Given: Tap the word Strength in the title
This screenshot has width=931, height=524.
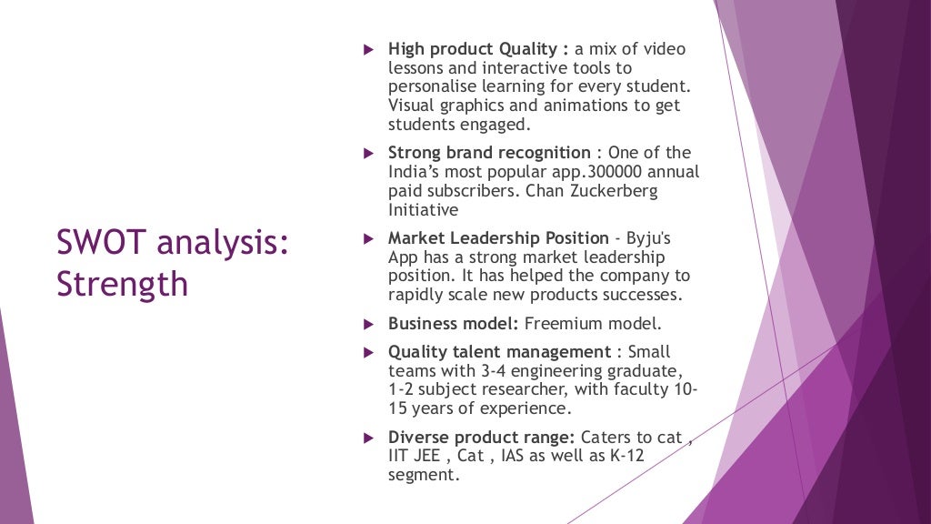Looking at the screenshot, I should (122, 284).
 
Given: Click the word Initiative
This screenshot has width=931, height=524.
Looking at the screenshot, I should (423, 210).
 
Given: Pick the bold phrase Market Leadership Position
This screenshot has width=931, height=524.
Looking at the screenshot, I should (498, 238).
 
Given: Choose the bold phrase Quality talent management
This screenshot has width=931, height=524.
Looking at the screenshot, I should (499, 351).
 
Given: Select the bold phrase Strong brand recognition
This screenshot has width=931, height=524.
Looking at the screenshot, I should (489, 153).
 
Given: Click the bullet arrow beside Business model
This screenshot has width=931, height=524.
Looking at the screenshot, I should (368, 323).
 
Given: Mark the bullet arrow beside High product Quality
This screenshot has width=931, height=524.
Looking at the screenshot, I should (368, 49).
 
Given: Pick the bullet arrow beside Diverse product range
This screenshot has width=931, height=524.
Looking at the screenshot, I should (368, 437).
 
